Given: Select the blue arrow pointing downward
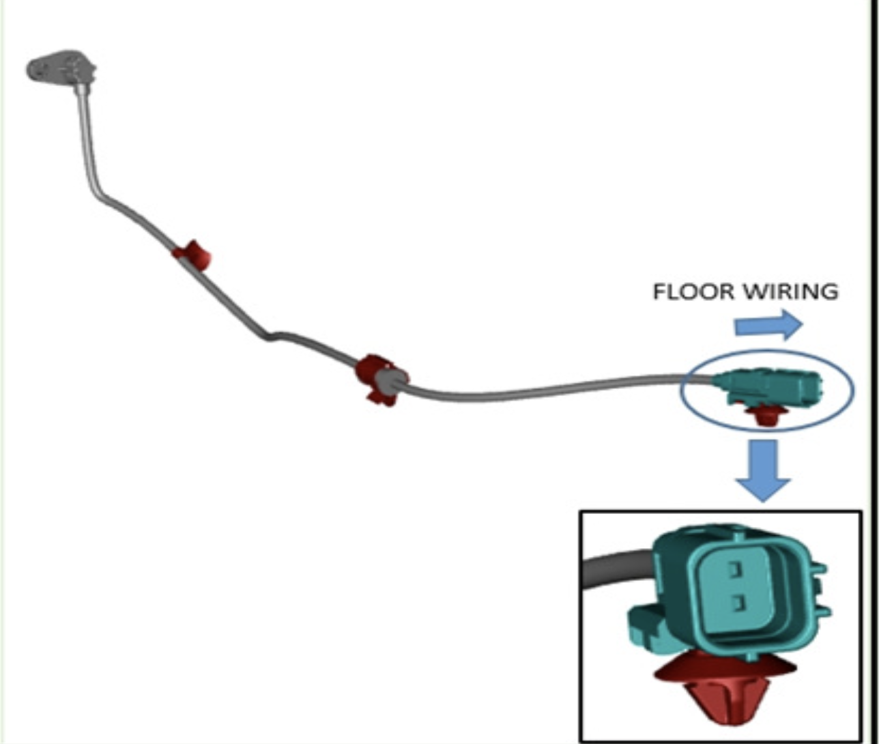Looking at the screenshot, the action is (764, 471).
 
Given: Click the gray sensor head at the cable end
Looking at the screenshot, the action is (61, 68).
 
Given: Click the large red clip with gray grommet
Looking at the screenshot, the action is (381, 379).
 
